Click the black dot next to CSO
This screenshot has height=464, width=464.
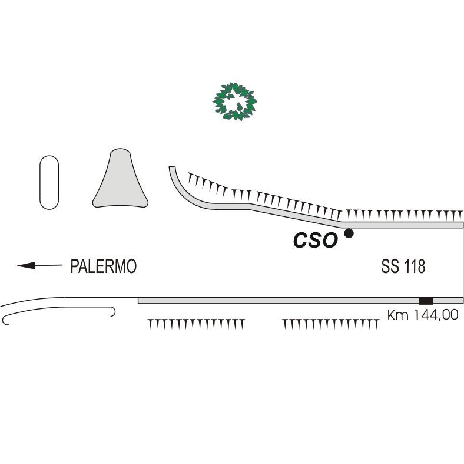click(349, 233)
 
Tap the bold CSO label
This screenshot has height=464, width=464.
click(316, 240)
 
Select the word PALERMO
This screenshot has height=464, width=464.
click(104, 266)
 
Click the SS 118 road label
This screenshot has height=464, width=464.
click(403, 266)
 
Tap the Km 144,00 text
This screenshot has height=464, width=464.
click(422, 315)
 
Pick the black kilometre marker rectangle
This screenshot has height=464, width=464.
click(425, 301)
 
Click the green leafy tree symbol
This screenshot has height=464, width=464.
click(235, 101)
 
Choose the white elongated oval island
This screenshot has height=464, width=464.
click(49, 182)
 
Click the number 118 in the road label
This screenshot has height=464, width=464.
click(414, 266)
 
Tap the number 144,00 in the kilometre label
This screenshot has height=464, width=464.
click(434, 315)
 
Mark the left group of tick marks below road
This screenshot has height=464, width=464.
click(195, 323)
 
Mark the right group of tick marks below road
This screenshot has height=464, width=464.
click(330, 323)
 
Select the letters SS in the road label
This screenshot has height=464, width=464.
click(389, 266)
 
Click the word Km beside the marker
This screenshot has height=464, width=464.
click(396, 315)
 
